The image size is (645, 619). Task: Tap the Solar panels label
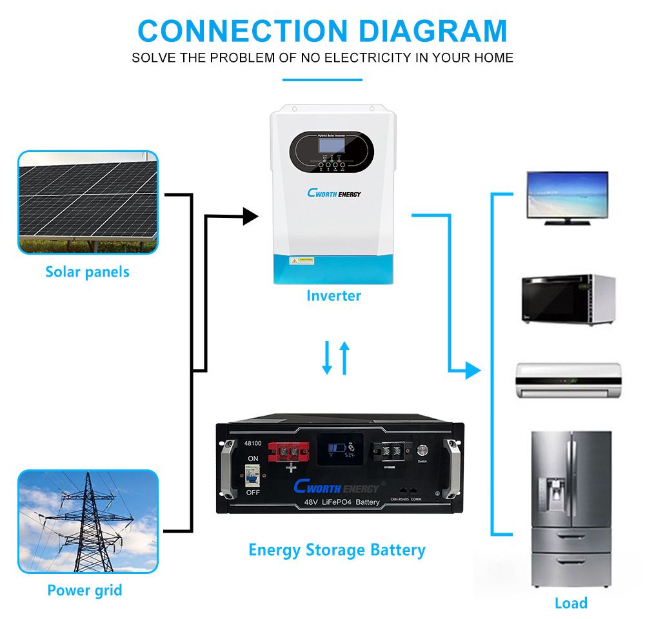[87, 271]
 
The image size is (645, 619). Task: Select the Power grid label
[84, 589]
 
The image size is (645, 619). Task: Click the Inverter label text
[333, 295]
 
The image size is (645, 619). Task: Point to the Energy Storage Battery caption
[337, 550]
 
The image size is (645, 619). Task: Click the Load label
[571, 603]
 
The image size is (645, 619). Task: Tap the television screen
[567, 195]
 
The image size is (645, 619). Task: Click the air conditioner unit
[568, 380]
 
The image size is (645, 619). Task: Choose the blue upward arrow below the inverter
[344, 358]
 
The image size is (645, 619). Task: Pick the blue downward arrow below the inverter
[327, 358]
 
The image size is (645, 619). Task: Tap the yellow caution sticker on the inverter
[301, 260]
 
